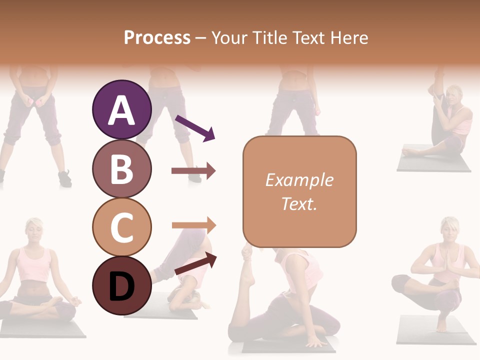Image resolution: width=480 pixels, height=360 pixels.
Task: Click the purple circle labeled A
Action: pyautogui.click(x=121, y=109)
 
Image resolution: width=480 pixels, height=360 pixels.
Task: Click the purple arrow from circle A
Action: pyautogui.click(x=194, y=128)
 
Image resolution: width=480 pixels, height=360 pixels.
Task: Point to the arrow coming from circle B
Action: pyautogui.click(x=193, y=171)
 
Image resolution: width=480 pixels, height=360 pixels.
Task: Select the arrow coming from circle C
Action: pyautogui.click(x=193, y=225)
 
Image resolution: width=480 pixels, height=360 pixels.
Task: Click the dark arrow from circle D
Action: pyautogui.click(x=195, y=264)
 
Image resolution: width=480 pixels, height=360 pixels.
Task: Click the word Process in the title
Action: pyautogui.click(x=157, y=38)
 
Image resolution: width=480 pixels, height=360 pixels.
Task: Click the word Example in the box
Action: pyautogui.click(x=299, y=180)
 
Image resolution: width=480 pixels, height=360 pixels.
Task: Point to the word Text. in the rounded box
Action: pyautogui.click(x=299, y=203)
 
